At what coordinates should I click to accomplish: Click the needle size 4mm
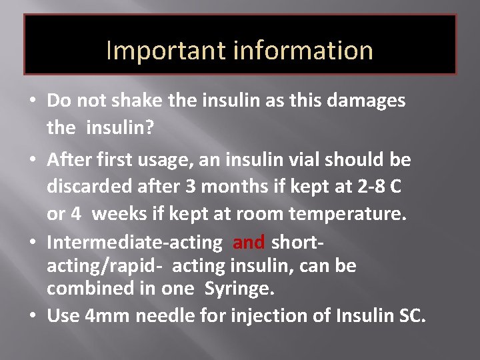pyautogui.click(x=108, y=316)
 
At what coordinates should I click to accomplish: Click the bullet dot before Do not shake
pyautogui.click(x=32, y=102)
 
